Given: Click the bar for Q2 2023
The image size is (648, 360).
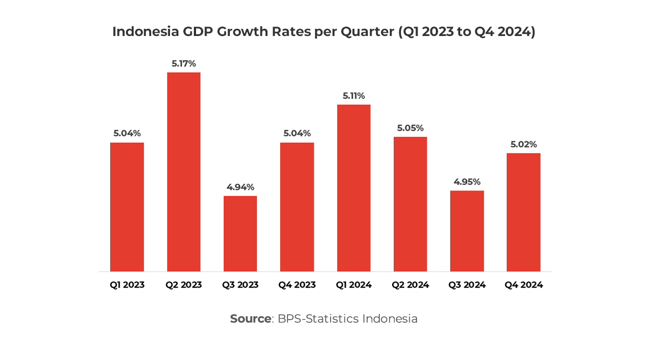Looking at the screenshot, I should click(184, 172).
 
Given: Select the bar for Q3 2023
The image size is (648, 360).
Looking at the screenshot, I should click(240, 233).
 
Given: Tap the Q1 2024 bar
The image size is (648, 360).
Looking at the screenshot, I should click(354, 188).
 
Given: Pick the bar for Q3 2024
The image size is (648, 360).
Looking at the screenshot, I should click(467, 231).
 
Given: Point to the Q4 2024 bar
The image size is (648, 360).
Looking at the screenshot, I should click(523, 212).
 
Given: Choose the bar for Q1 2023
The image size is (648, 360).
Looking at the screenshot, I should click(127, 207).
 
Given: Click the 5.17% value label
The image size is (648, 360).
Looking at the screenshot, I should click(184, 64).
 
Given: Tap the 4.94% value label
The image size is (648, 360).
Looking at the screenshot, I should click(240, 187).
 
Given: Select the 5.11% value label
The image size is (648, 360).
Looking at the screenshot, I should click(354, 96).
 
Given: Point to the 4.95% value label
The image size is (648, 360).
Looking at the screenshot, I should click(467, 182).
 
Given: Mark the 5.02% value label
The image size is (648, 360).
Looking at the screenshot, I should click(523, 145).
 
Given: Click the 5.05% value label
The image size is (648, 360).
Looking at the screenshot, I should click(410, 128).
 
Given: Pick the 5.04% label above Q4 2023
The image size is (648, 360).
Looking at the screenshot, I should click(297, 133).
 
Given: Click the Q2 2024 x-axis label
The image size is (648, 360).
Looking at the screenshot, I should click(410, 285).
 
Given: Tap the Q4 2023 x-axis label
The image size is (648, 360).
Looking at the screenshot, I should click(297, 285).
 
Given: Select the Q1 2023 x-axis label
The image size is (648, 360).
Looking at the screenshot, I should click(127, 285).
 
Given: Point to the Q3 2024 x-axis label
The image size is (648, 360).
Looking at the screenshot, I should click(467, 285).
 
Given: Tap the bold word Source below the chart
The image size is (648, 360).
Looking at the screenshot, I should click(250, 319).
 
